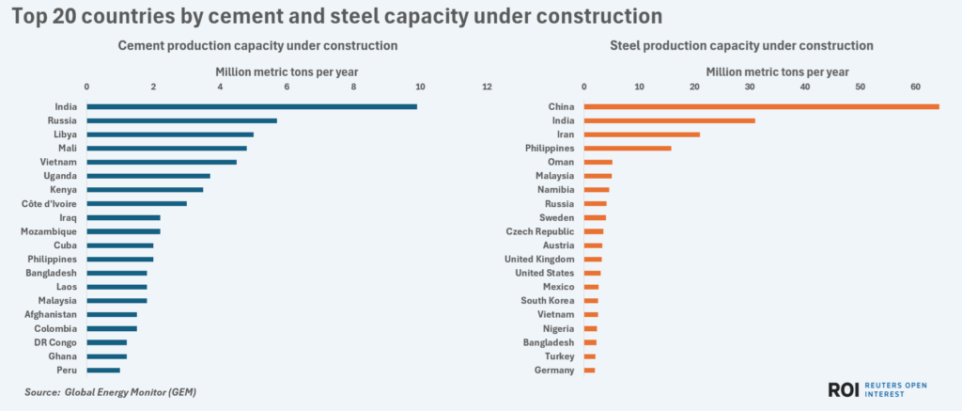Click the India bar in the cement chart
coord(251,106)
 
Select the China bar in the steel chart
coord(761,106)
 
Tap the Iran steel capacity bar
coord(642,134)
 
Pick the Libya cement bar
coord(170,134)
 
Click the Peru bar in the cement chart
coord(103,371)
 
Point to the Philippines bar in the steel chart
coord(628,148)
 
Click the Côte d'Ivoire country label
coord(49,203)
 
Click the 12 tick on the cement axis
coord(487,87)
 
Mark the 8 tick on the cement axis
coord(353,87)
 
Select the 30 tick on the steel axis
coord(750,87)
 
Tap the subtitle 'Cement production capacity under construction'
coord(256,45)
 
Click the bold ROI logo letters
coord(846,389)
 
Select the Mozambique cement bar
coord(123,231)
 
